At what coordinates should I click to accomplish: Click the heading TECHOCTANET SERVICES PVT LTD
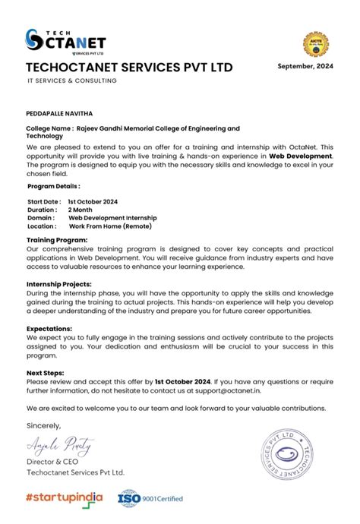click(x=129, y=68)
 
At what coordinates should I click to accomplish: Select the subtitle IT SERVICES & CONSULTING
click(x=72, y=81)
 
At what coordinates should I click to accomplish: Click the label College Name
click(x=49, y=129)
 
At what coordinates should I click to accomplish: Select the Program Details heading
click(x=53, y=185)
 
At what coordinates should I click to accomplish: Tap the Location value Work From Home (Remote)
click(x=111, y=226)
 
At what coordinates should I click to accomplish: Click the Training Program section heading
click(x=57, y=240)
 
